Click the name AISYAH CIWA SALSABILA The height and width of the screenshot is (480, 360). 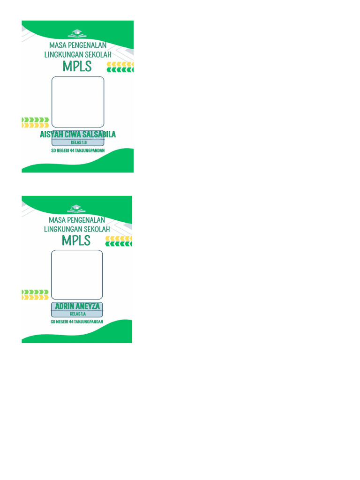pos(78,135)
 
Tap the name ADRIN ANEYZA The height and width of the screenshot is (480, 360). pos(77,306)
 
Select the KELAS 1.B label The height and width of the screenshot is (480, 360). pos(78,142)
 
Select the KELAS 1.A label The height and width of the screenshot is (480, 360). pos(77,314)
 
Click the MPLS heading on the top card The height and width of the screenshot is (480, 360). pos(77,67)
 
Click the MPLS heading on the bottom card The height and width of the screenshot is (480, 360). pos(76,240)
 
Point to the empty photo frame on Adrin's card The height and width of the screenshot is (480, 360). pos(77,275)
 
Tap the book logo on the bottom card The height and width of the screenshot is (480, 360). pos(76,208)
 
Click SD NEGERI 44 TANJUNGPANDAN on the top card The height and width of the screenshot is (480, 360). pos(78,151)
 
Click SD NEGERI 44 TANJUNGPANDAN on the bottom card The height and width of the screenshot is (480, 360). pos(77,322)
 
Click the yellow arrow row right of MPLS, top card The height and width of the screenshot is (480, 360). pos(121,63)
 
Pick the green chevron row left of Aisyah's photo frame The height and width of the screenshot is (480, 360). pos(35,120)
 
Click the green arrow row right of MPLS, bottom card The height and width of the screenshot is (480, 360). pos(119,244)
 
